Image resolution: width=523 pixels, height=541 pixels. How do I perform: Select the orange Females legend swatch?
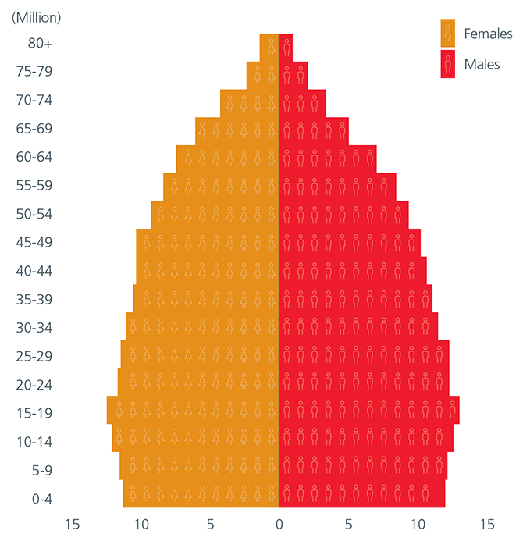point(447,34)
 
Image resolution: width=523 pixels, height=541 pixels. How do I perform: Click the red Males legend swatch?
point(447,64)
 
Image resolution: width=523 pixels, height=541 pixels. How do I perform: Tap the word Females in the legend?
point(488,34)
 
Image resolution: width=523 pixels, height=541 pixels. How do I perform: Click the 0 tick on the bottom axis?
point(279,524)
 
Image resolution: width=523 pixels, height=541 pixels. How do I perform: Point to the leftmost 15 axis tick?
point(72,524)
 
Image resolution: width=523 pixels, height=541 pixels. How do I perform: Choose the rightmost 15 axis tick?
point(487,524)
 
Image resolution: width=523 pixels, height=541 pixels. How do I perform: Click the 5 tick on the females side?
point(210,524)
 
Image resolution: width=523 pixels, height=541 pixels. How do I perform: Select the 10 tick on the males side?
point(418,524)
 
